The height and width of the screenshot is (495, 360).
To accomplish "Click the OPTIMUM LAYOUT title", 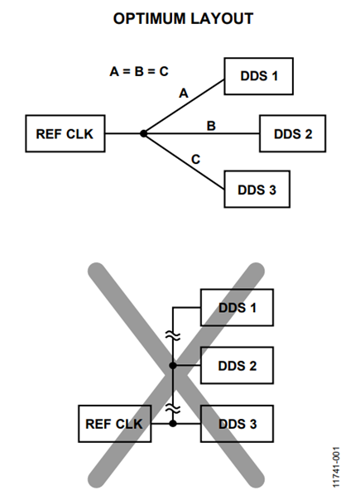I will (x=182, y=19).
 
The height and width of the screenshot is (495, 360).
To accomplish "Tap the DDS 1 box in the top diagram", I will (x=259, y=76).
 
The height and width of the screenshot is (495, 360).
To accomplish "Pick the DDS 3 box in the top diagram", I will (x=259, y=190).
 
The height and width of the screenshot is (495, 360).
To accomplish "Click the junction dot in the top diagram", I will (x=143, y=133).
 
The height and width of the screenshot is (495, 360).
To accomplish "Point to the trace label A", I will (x=184, y=94).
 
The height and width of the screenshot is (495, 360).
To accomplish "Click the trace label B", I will (x=211, y=125).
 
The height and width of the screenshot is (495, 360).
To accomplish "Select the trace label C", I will (x=196, y=157).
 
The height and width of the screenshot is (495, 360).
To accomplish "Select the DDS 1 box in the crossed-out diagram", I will (x=237, y=308).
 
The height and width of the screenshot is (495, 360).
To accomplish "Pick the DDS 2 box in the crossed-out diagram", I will (x=237, y=365).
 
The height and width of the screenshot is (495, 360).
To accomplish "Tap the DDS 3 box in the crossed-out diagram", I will (x=237, y=423).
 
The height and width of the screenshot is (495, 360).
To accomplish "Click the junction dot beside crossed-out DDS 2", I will (x=173, y=365).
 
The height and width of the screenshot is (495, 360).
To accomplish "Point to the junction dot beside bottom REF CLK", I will (x=173, y=423).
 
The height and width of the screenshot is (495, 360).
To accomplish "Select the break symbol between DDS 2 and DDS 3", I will (x=173, y=407).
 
